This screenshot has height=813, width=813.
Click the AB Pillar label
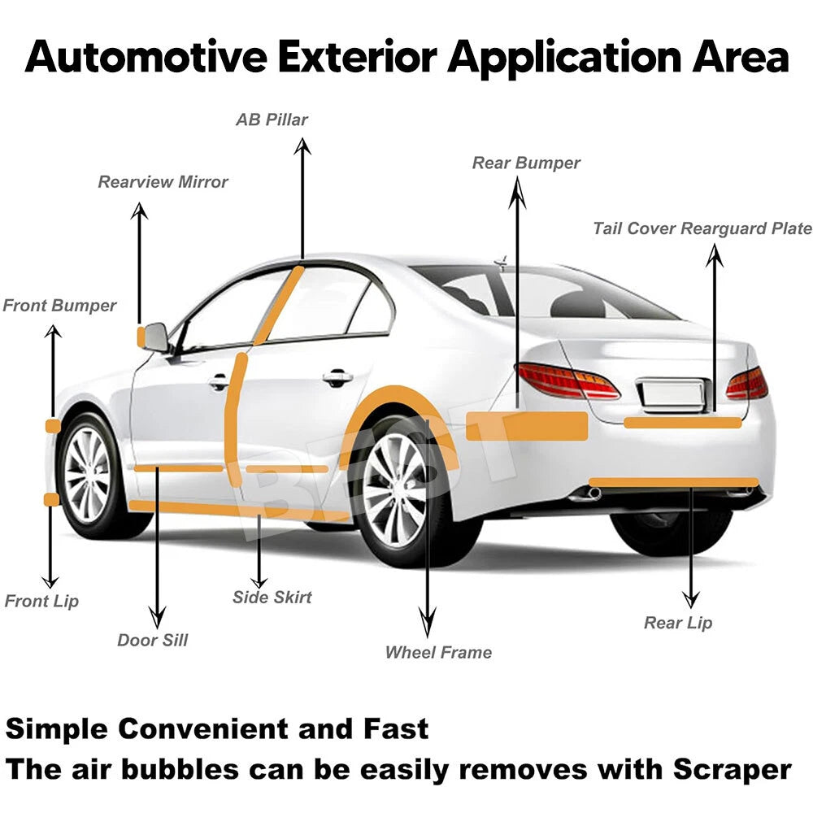tap(272, 120)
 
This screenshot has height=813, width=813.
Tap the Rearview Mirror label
tap(163, 182)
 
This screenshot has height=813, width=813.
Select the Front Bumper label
tap(59, 306)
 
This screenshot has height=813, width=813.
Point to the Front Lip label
tap(41, 601)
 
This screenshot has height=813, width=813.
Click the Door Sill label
tap(153, 640)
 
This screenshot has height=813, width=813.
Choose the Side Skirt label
tap(272, 597)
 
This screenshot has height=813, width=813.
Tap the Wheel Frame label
tap(439, 652)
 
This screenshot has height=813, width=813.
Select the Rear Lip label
tap(678, 623)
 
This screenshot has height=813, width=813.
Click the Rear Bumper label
tap(526, 163)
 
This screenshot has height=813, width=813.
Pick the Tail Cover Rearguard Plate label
tap(702, 228)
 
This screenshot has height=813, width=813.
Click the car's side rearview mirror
tap(155, 337)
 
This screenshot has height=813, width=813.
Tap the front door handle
tap(219, 382)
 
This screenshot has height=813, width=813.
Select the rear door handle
tap(337, 378)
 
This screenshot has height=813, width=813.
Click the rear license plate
tap(671, 393)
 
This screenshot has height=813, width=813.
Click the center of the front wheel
tap(86, 475)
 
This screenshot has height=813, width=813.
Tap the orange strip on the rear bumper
tap(527, 426)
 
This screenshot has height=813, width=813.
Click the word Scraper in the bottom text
tap(733, 770)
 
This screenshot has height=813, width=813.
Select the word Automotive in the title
tap(146, 57)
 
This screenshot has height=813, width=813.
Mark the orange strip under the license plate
tap(683, 423)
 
